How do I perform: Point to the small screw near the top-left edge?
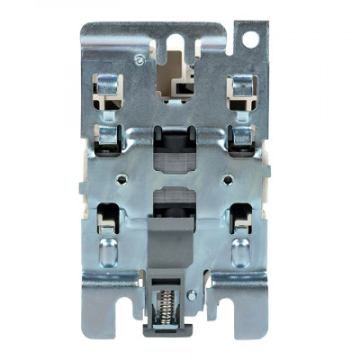coord(139,58)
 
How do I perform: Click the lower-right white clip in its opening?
coord(240,220)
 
